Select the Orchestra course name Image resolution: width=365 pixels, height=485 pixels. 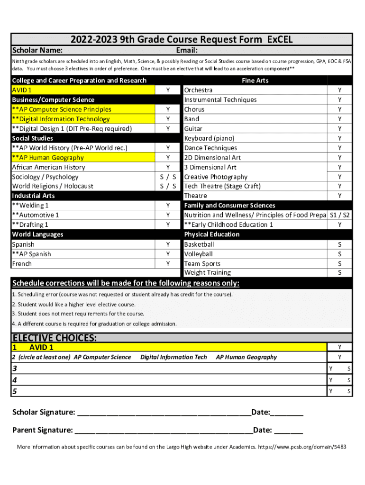[x=198, y=90]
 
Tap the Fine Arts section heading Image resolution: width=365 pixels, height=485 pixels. [x=255, y=81]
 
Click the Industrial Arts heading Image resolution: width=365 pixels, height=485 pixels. [x=33, y=196]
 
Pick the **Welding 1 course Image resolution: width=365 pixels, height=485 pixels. [x=30, y=206]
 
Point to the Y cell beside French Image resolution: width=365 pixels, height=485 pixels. [x=168, y=264]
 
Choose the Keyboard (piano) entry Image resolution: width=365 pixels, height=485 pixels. [x=209, y=138]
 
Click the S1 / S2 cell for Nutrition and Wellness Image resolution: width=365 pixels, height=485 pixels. [x=339, y=215]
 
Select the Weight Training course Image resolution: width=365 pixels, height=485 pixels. [x=208, y=273]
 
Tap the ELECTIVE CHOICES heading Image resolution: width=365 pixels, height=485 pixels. [x=55, y=338]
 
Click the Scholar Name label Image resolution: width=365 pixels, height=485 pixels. [x=38, y=51]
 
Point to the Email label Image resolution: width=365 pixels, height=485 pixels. [x=187, y=51]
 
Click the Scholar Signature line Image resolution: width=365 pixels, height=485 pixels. [x=164, y=413]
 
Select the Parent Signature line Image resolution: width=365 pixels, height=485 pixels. [x=164, y=431]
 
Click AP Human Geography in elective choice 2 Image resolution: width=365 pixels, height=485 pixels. [x=246, y=357]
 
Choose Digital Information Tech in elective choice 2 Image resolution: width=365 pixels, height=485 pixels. [x=173, y=357]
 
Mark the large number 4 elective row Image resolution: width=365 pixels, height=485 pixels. [x=15, y=380]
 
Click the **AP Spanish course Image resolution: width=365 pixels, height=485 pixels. [x=31, y=254]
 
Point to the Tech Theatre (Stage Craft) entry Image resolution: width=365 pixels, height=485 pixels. [x=222, y=186]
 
